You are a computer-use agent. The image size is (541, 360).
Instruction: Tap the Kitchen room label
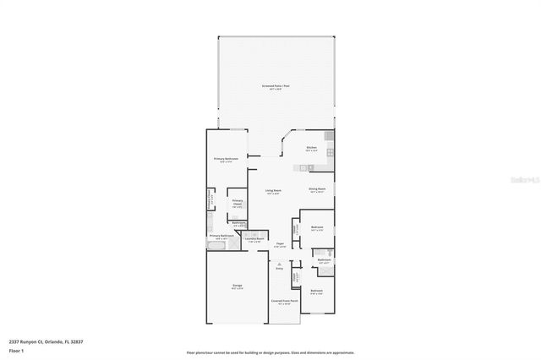click(311, 149)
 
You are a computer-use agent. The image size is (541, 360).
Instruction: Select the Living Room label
click(271, 192)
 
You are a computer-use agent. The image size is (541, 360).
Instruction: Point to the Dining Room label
click(317, 190)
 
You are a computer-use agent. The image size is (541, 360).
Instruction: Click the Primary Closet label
click(238, 203)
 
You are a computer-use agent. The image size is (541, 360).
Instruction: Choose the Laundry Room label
click(254, 240)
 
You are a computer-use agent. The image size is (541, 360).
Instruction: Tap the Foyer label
click(280, 244)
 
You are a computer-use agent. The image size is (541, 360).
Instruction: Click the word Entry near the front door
click(279, 269)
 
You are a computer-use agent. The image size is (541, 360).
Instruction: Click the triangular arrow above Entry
click(279, 263)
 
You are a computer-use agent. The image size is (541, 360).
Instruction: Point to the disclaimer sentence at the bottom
click(270, 353)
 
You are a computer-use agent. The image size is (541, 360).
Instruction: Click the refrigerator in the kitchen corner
click(331, 136)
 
